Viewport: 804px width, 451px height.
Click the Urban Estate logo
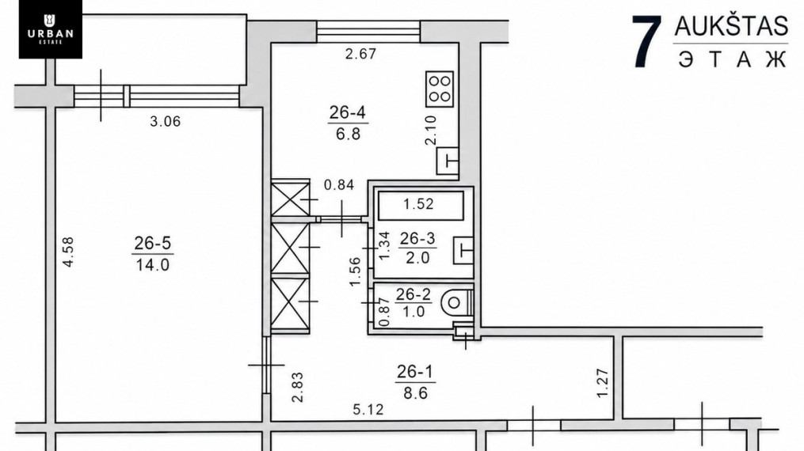click(x=50, y=29)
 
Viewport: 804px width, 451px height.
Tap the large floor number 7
click(x=646, y=41)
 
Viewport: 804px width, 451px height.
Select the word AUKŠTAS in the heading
click(x=730, y=26)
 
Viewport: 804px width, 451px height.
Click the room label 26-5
click(x=152, y=243)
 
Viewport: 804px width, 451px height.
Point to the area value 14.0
click(x=152, y=264)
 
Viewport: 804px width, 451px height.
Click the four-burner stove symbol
click(x=440, y=89)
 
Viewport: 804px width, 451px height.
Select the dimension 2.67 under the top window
click(x=360, y=54)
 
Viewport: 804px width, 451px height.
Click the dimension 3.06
click(x=165, y=121)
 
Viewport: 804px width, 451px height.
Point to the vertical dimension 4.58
click(x=68, y=252)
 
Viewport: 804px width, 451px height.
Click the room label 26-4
click(x=347, y=112)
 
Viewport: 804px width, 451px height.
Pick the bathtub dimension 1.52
click(x=418, y=204)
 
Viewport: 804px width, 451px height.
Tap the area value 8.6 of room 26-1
click(x=415, y=393)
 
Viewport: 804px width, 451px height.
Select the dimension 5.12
click(x=368, y=410)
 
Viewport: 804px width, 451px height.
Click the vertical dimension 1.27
click(x=603, y=383)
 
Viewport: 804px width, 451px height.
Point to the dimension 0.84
click(x=339, y=185)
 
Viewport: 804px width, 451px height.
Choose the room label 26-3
click(x=417, y=238)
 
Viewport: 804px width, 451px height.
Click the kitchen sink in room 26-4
click(x=447, y=161)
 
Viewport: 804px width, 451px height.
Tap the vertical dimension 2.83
click(x=297, y=387)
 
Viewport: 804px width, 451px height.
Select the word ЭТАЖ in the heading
click(x=732, y=59)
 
